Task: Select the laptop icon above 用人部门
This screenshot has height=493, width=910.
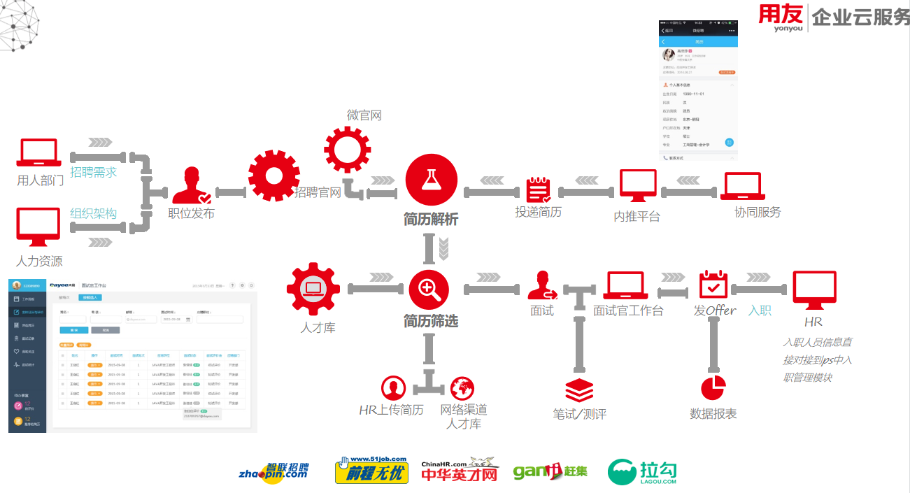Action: point(39,154)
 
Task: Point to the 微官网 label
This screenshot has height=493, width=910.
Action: point(364,115)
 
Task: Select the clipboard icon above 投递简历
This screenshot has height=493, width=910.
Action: point(538,190)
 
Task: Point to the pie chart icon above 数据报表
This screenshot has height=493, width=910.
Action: point(713,388)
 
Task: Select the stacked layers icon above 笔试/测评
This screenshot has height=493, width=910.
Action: point(578,390)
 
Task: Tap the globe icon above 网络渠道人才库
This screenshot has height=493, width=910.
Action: point(462,388)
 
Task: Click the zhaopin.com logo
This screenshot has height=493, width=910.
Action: point(274,471)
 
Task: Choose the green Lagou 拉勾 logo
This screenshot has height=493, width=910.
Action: point(642,472)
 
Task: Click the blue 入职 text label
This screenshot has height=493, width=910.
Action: point(760,310)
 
